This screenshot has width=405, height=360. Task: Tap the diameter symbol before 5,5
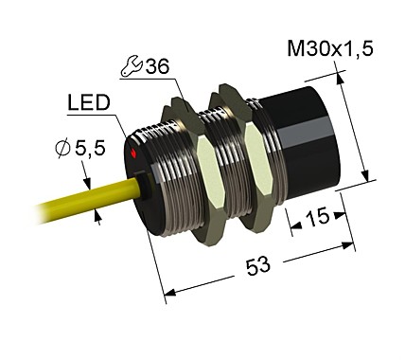coord(62,148)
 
